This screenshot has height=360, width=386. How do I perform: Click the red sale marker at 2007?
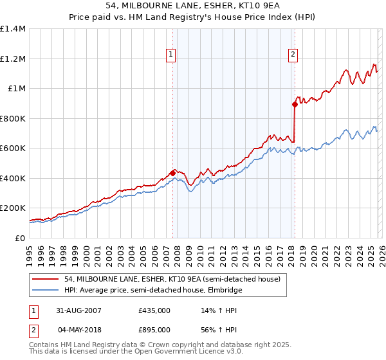(x=172, y=173)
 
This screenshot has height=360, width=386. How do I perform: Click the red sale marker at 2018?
(x=295, y=104)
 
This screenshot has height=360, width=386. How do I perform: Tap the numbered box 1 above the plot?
(x=171, y=55)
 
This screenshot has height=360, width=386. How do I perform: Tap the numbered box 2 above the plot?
(x=293, y=55)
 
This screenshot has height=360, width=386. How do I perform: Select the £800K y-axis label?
(x=12, y=118)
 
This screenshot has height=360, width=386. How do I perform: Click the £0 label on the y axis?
(x=19, y=238)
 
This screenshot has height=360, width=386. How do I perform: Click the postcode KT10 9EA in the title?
(x=253, y=4)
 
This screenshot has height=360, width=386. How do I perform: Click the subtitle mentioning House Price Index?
(x=192, y=16)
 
